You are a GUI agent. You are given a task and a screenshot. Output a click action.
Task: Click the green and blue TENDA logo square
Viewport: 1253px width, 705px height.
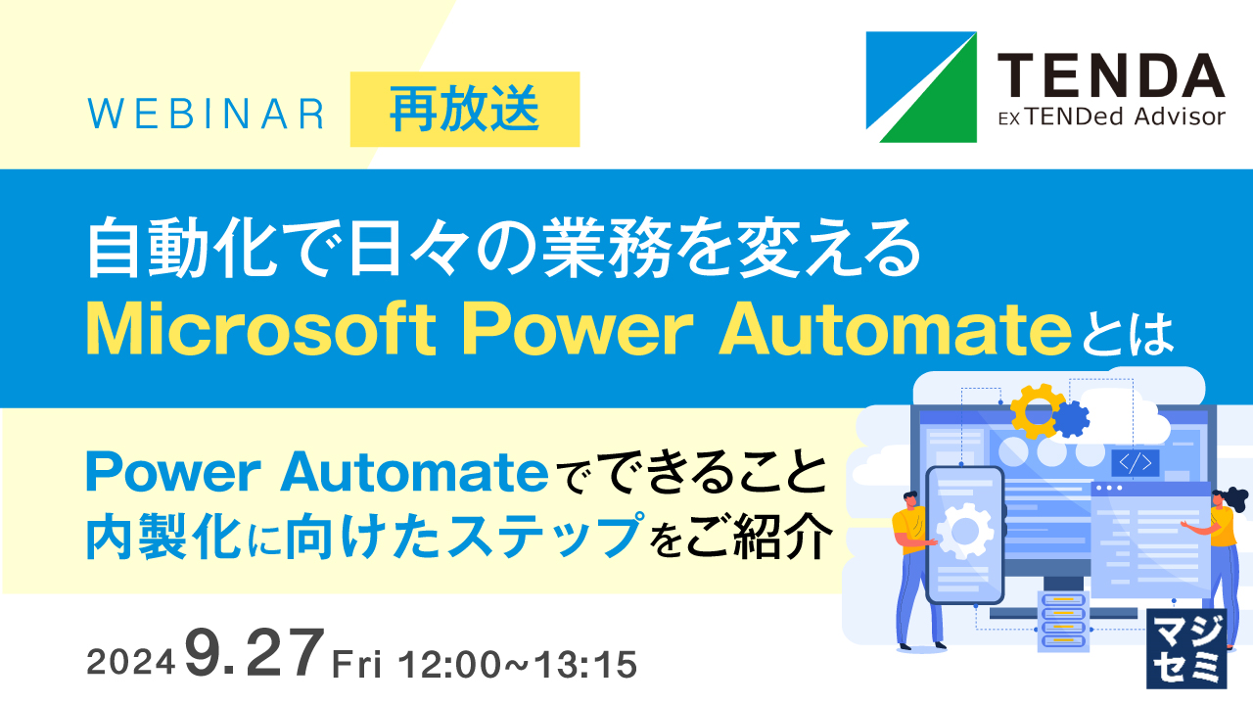point(921,87)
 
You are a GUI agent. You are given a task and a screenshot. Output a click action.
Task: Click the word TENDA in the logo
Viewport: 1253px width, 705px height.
point(1110,76)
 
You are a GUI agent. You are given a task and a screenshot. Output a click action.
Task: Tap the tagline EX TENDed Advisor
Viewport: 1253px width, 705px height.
point(1110,117)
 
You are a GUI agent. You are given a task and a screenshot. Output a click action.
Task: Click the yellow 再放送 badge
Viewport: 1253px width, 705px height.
point(464,109)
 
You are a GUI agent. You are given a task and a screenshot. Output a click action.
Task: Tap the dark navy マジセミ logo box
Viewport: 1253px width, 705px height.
point(1185,646)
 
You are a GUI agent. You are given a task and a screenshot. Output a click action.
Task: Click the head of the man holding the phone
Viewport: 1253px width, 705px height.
point(908,502)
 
